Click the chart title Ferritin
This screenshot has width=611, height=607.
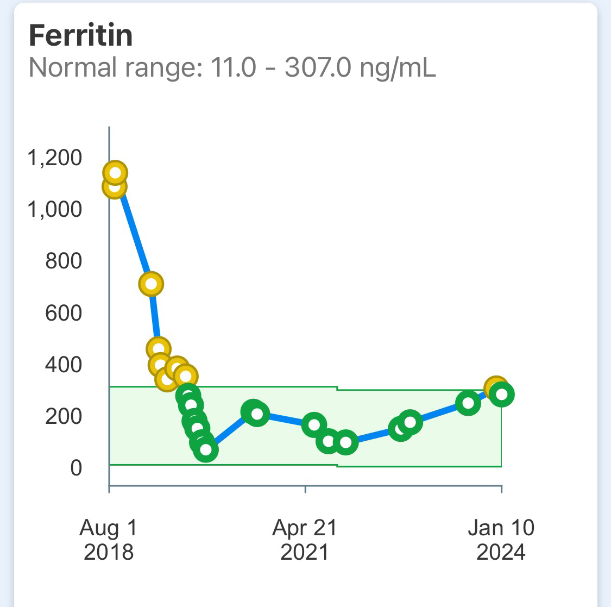click(80, 36)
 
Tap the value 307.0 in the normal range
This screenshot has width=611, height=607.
click(317, 68)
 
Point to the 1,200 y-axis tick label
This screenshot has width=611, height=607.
click(54, 158)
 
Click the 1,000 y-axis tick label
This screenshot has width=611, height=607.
click(54, 209)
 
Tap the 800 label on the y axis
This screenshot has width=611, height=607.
click(63, 261)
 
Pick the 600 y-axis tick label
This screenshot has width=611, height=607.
click(63, 313)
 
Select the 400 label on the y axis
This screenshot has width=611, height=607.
click(63, 365)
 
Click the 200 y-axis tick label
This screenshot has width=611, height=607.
click(63, 416)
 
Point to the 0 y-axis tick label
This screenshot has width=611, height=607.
click(76, 468)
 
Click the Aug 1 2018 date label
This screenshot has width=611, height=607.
click(109, 539)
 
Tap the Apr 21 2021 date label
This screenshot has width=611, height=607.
click(305, 539)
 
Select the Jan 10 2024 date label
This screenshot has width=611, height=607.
click(501, 539)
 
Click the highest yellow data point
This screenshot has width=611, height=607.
click(115, 173)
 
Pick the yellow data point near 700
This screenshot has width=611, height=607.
click(152, 284)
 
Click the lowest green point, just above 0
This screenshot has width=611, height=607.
click(206, 449)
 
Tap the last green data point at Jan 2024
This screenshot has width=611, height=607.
click(502, 395)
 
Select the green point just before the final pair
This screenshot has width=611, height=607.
click(468, 403)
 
